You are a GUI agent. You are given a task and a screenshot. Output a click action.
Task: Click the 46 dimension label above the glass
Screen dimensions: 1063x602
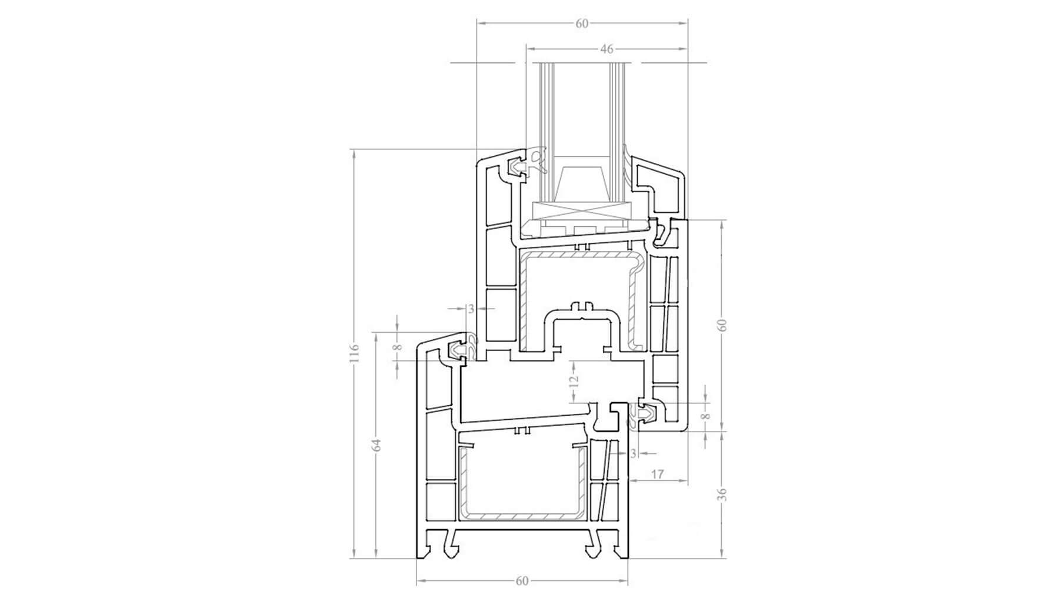point(607,49)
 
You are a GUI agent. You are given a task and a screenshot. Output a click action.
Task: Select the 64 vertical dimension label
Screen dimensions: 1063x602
point(378,445)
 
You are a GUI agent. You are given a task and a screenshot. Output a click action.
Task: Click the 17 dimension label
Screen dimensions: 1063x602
point(658,474)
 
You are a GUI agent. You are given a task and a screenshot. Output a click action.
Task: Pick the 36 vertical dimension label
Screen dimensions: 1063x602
point(724,494)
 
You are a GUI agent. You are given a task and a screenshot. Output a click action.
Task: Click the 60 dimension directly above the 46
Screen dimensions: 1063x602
point(581,24)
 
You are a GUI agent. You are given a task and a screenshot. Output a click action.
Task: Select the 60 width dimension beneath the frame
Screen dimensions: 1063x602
point(522,581)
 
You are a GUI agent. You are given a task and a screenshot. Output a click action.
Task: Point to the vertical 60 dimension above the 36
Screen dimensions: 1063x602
point(724,325)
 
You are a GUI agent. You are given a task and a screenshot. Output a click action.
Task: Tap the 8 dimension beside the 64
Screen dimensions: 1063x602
point(398,347)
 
